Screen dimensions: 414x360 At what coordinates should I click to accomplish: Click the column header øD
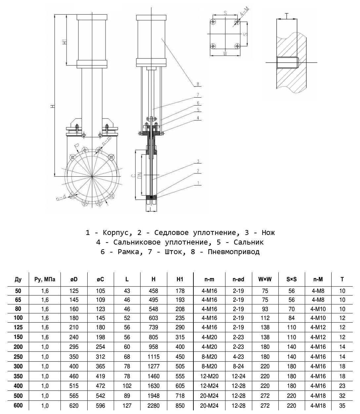(x=74, y=279)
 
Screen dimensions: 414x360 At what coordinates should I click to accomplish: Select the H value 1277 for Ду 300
(x=153, y=367)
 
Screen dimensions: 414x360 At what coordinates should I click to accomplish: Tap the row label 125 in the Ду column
(x=18, y=327)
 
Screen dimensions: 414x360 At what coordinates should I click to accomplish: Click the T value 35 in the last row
(x=342, y=406)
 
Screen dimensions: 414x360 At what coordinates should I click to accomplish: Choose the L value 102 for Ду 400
(x=127, y=386)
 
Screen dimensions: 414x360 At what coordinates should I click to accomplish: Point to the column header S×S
(x=291, y=279)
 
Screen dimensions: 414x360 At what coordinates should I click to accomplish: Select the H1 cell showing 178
(x=180, y=291)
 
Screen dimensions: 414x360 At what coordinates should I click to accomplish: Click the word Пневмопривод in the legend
(x=234, y=252)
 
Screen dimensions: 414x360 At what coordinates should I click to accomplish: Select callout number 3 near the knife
(x=198, y=161)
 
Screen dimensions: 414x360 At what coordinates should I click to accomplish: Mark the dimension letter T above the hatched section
(x=287, y=15)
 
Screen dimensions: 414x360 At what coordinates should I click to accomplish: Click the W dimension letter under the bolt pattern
(x=225, y=54)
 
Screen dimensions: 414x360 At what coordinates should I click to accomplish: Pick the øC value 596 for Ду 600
(x=100, y=406)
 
